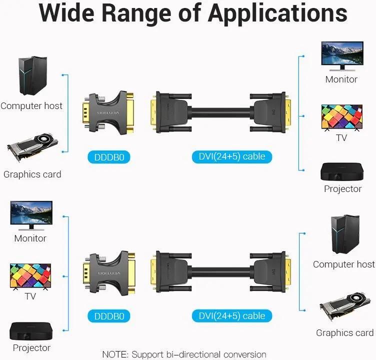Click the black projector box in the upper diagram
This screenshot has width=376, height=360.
point(342,171)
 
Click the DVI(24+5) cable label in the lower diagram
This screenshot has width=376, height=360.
point(231,316)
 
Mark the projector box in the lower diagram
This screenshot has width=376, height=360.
point(31,331)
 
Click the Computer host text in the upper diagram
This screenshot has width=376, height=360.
point(31,106)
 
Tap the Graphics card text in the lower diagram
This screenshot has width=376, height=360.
point(344,333)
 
